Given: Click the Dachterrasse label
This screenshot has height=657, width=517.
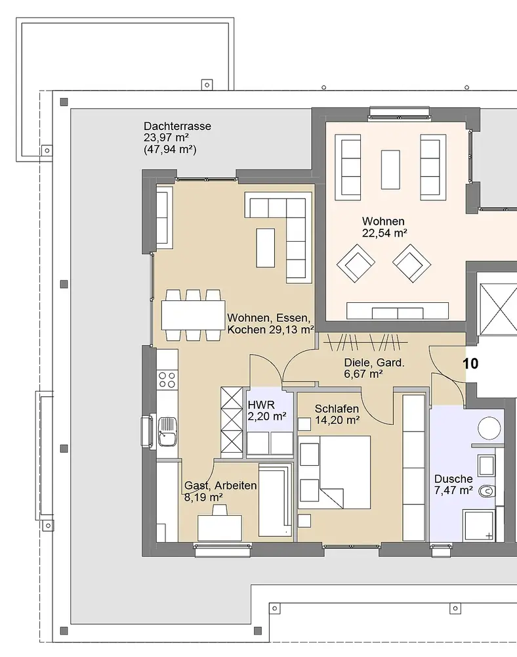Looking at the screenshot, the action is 177,126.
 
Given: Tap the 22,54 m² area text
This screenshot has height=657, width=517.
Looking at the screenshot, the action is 384,233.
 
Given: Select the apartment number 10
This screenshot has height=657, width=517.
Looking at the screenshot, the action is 470,363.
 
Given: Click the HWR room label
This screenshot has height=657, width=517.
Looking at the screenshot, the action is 261,405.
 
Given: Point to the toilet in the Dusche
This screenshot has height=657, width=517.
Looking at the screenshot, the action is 486,491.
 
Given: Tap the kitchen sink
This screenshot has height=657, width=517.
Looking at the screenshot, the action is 167,432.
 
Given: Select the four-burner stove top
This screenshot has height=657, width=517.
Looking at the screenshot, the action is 167,380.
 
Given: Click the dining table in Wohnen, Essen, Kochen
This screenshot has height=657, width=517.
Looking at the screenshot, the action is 194,315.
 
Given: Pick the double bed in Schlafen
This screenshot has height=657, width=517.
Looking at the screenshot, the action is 334,472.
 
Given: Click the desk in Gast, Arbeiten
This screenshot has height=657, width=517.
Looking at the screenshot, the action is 220,528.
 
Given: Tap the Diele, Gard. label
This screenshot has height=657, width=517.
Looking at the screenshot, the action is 375,363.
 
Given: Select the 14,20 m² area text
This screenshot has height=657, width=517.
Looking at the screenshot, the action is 337,420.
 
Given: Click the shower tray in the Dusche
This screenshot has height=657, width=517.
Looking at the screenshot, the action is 480,525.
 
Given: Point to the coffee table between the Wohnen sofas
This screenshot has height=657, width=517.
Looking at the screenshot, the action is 390,170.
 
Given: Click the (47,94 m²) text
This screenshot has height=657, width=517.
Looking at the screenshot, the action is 170,150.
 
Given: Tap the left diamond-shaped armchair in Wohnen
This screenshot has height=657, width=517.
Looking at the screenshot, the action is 356,263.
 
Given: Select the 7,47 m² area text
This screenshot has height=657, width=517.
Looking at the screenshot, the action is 453,490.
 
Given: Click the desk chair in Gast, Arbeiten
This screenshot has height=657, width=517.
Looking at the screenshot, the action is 220,510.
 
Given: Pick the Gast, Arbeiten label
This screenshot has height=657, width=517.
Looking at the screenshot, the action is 220,486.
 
